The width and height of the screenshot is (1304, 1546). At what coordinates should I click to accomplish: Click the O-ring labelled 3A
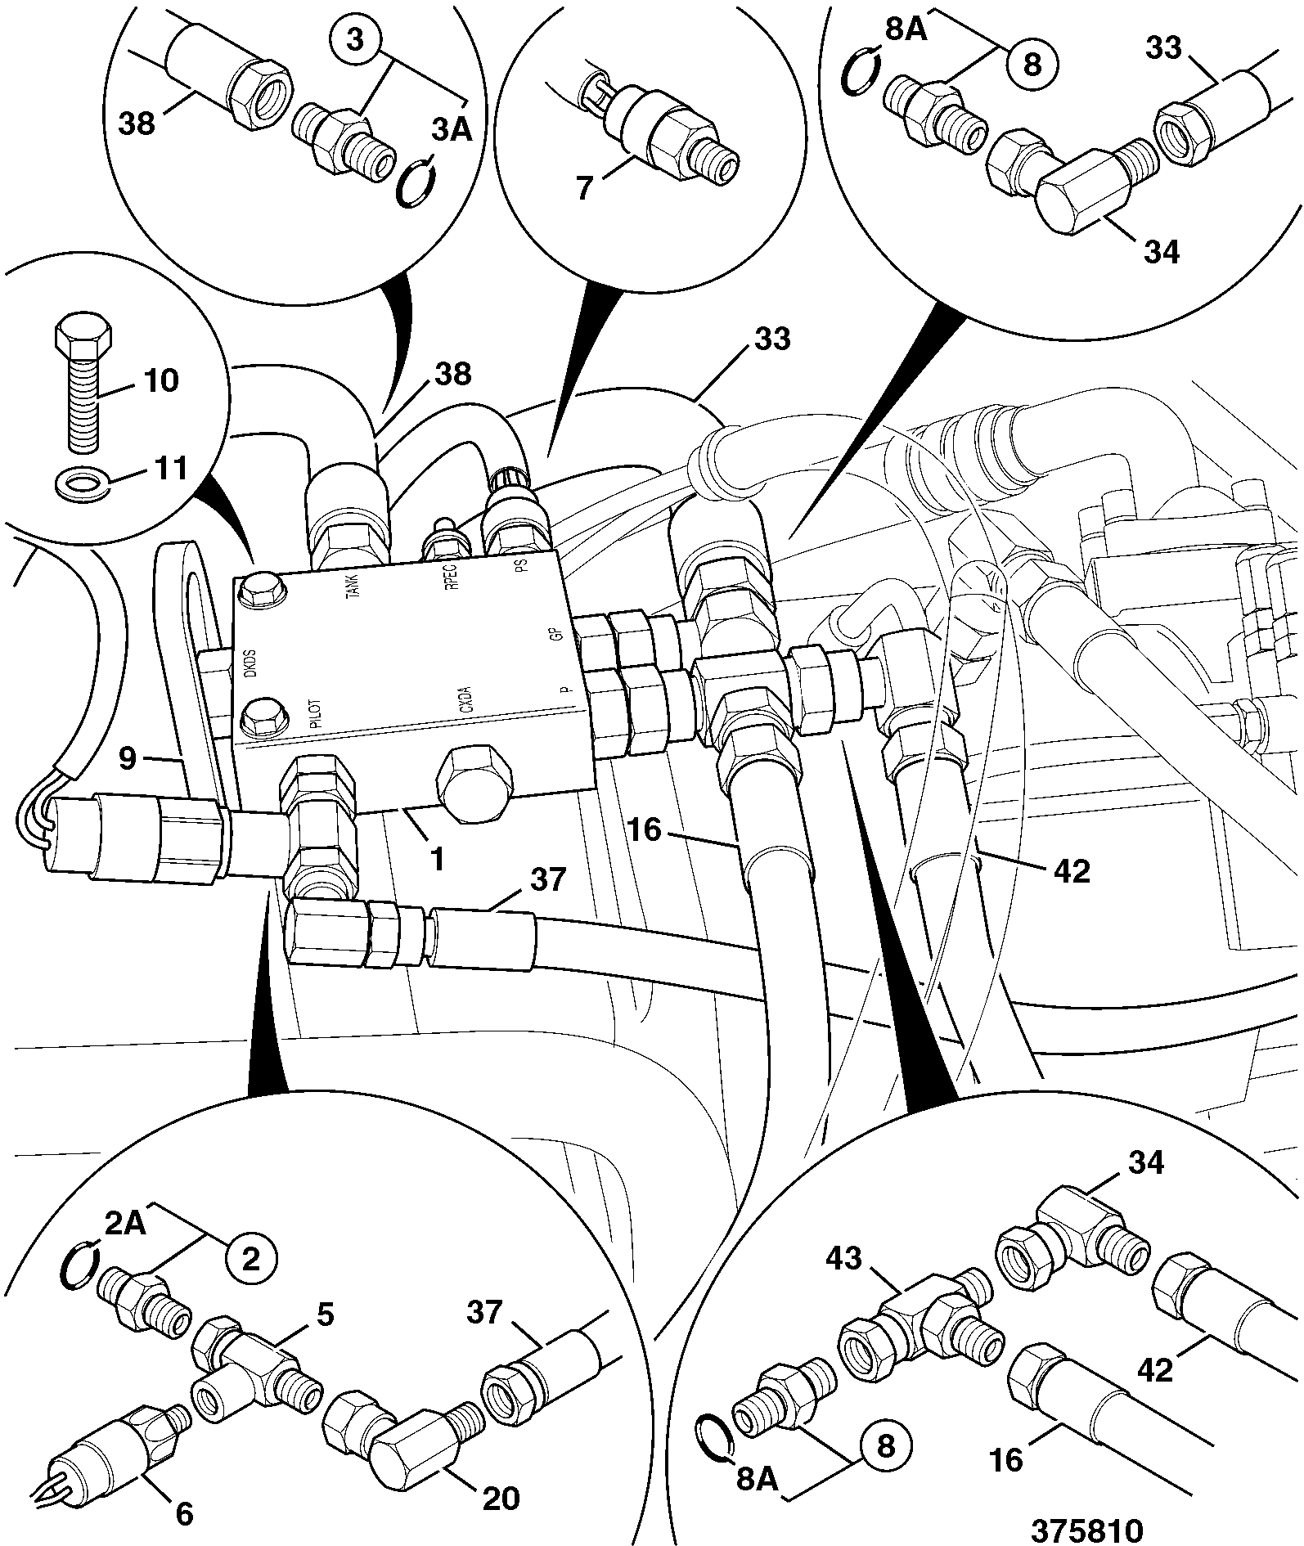tap(416, 185)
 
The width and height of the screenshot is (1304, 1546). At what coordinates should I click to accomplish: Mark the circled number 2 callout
tap(250, 1257)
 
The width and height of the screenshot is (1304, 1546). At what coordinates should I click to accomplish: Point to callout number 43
tap(843, 1257)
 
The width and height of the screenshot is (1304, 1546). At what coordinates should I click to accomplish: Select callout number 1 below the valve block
tap(437, 858)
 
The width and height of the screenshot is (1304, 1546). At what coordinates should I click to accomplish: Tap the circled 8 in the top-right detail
tap(1033, 63)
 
